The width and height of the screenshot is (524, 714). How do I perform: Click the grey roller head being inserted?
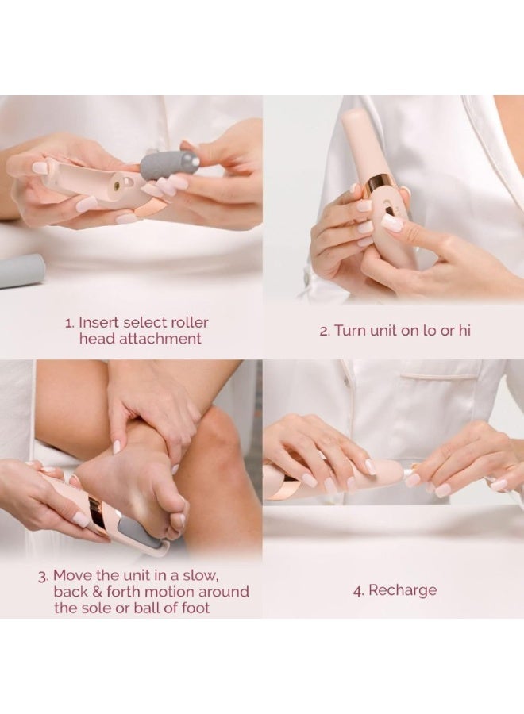[169, 163]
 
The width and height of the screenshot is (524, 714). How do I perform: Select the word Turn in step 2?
[350, 330]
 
